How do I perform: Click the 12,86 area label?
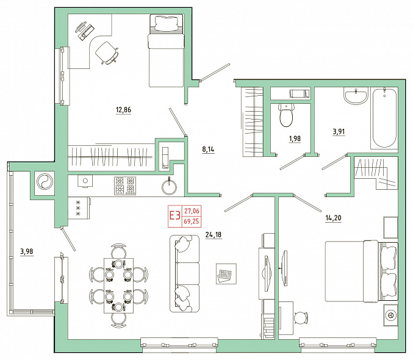(123, 109)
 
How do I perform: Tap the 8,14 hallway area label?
(208, 149)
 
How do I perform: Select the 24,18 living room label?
(214, 234)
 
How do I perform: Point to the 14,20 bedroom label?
(333, 218)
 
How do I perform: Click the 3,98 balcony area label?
(27, 251)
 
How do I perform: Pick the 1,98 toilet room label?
(295, 139)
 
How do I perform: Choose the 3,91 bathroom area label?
(339, 131)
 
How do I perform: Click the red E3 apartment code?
(174, 215)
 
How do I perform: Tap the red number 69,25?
(192, 221)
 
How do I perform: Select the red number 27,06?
(192, 211)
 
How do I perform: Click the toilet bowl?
(286, 115)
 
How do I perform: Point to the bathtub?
(384, 118)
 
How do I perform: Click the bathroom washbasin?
(356, 96)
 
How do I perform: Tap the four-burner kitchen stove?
(125, 185)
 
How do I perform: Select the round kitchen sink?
(169, 187)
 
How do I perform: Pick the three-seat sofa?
(184, 273)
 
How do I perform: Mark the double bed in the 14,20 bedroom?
(361, 271)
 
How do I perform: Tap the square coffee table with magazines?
(226, 274)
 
